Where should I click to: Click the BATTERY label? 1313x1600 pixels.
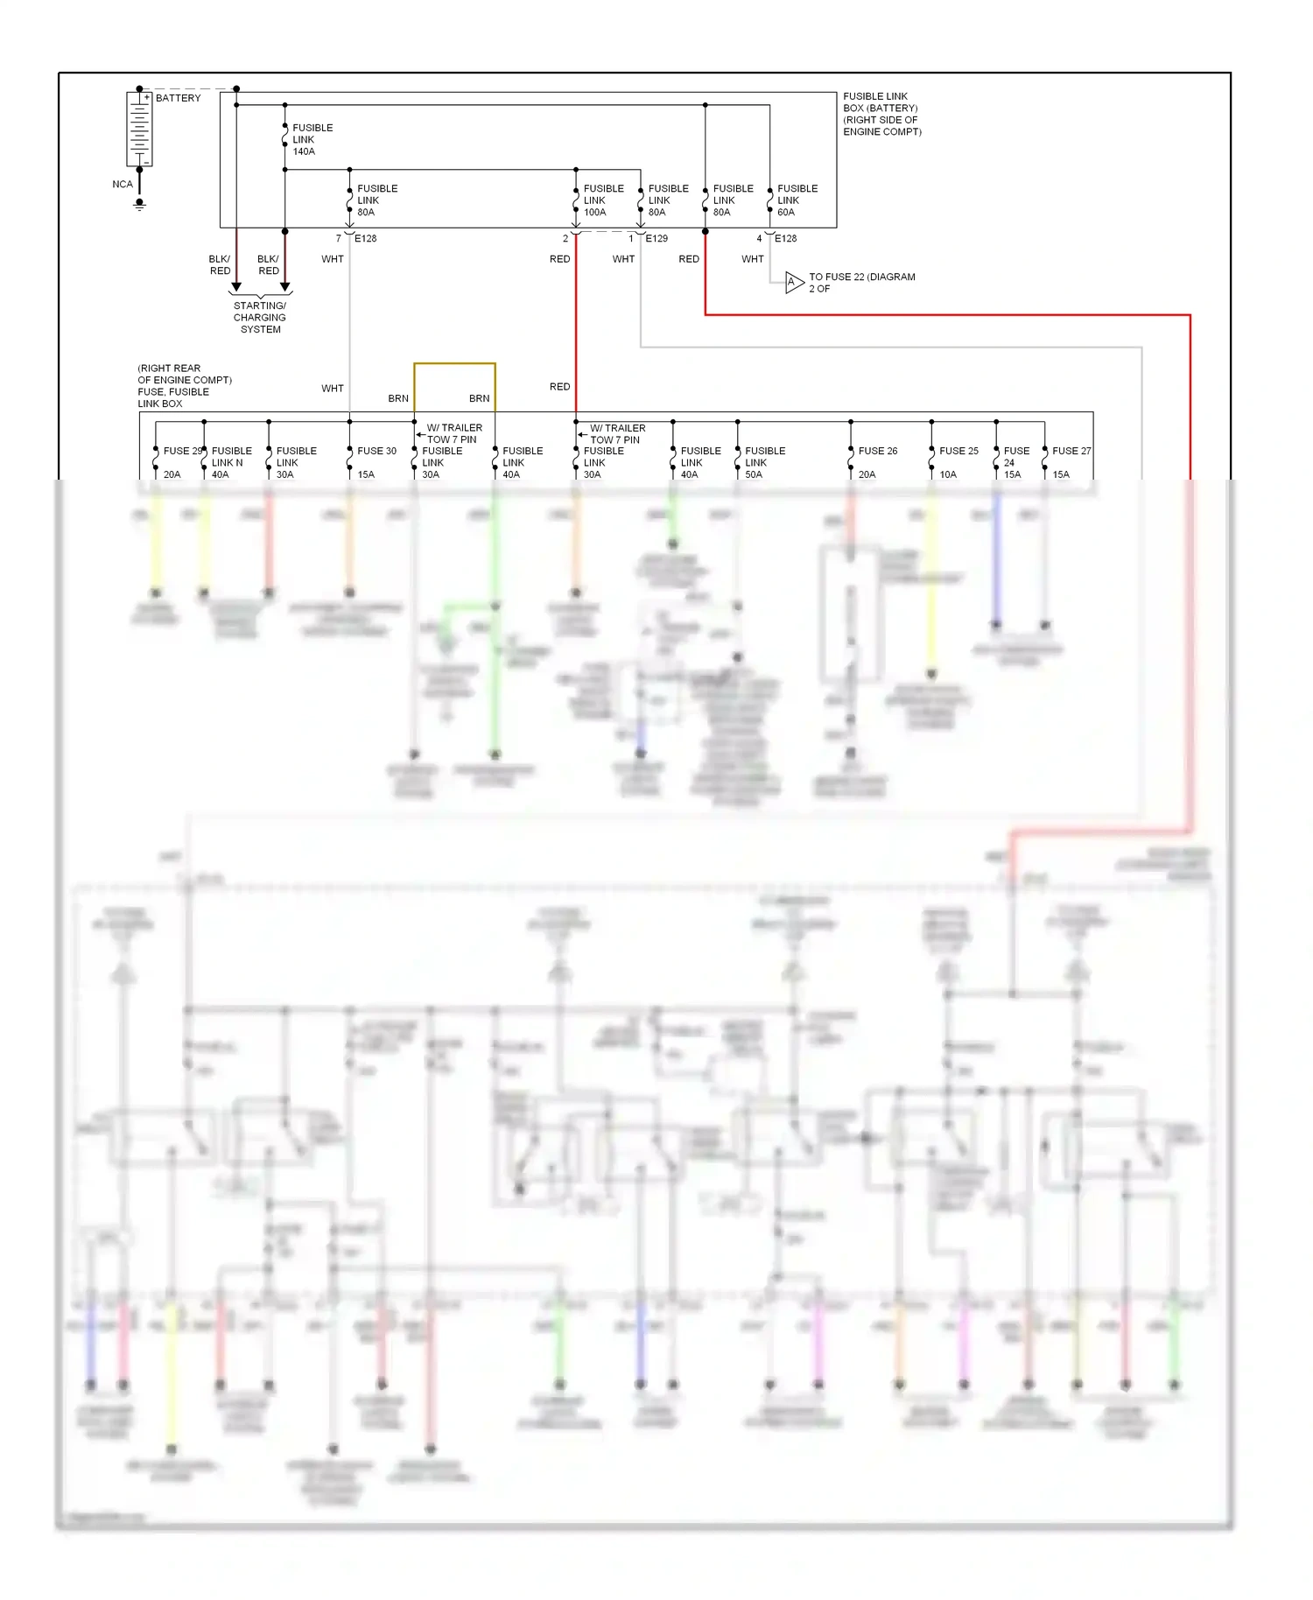click(x=178, y=98)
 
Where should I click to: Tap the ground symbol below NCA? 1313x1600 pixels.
click(x=139, y=206)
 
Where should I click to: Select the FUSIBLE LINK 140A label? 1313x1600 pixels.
click(x=312, y=139)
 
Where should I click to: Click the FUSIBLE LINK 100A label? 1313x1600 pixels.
click(x=603, y=200)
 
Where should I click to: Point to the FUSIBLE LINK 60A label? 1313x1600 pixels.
click(x=797, y=200)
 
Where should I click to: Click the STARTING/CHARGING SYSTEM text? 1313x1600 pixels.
click(x=260, y=318)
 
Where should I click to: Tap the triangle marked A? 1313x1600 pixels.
click(x=793, y=283)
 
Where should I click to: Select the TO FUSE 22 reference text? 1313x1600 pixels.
click(x=861, y=283)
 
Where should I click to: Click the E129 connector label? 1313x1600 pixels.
click(x=656, y=238)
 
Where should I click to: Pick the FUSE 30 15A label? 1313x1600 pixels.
click(x=376, y=462)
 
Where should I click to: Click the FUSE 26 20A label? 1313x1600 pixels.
click(x=877, y=462)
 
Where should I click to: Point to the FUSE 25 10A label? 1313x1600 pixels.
click(x=958, y=462)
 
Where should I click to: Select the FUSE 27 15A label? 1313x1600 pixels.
click(x=1071, y=462)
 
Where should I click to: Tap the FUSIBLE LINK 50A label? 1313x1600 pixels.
click(x=764, y=462)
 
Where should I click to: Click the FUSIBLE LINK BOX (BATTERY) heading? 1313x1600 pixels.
click(x=881, y=114)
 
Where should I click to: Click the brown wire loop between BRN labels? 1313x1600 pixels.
click(x=454, y=364)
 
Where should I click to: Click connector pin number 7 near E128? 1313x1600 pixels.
click(x=339, y=238)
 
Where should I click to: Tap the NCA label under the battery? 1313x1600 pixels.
click(x=123, y=185)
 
